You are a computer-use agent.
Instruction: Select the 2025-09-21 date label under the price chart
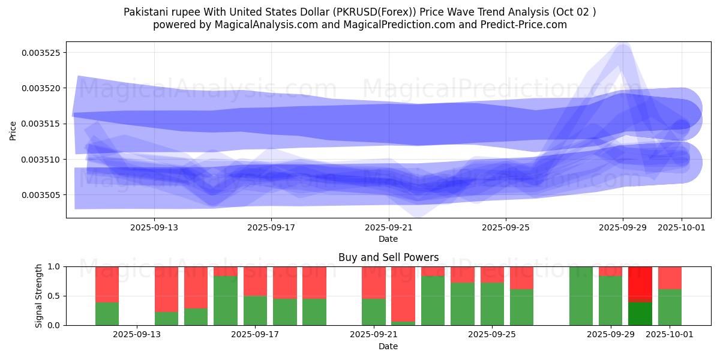click(388, 227)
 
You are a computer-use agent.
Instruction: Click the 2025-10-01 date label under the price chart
click(681, 227)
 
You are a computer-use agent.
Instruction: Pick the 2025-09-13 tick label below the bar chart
click(137, 335)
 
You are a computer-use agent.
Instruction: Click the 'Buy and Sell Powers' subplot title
click(388, 257)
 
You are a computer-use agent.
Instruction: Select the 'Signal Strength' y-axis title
click(40, 296)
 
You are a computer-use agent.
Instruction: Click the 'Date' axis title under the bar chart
click(388, 346)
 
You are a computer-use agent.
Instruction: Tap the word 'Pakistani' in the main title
click(144, 12)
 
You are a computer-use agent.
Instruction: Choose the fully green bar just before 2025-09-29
click(581, 296)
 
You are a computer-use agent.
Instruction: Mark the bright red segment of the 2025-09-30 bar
click(640, 284)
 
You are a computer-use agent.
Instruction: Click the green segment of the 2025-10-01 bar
click(670, 307)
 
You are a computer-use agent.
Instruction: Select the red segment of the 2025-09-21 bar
click(373, 282)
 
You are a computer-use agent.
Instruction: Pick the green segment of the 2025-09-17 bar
click(255, 310)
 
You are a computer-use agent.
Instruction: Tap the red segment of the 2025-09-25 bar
click(492, 274)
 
